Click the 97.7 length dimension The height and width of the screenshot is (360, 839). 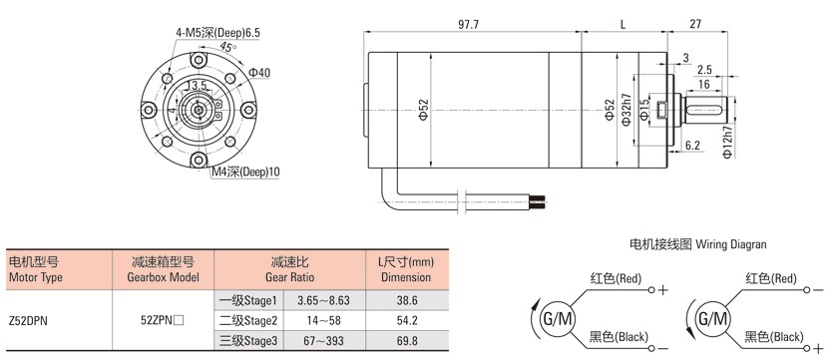(x=468, y=25)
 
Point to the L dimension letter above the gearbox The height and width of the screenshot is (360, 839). (x=624, y=25)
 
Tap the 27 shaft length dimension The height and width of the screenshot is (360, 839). (x=695, y=25)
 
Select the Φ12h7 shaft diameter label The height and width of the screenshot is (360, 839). (x=726, y=143)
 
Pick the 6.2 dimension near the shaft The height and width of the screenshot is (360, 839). (x=693, y=145)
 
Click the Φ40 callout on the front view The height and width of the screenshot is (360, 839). (x=259, y=72)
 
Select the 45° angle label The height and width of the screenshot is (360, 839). (x=227, y=47)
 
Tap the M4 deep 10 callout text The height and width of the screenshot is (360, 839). (x=245, y=172)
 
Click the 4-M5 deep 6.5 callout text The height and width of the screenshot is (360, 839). (x=217, y=33)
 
